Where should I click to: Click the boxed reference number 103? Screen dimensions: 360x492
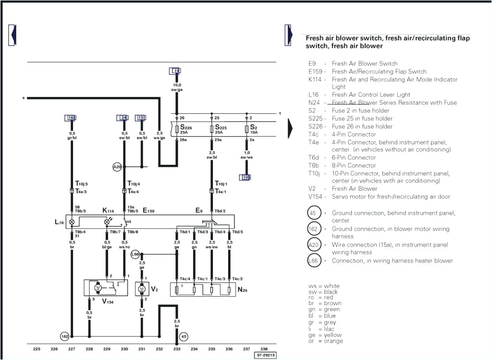[246, 177]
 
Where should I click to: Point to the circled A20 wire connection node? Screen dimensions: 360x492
[117, 167]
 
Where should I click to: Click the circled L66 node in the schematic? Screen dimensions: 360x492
[135, 254]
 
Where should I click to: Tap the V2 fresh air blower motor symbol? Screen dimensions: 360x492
[142, 289]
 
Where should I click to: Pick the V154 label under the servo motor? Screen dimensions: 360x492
[108, 302]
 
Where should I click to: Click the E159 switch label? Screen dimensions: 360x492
[148, 211]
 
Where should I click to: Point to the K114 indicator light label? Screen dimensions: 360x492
[108, 211]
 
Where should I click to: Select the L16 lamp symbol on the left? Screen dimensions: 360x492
[72, 222]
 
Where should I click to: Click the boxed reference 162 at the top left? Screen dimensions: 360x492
[71, 118]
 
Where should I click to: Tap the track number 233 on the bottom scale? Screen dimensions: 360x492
[177, 349]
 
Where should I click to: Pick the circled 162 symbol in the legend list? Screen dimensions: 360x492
[313, 229]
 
